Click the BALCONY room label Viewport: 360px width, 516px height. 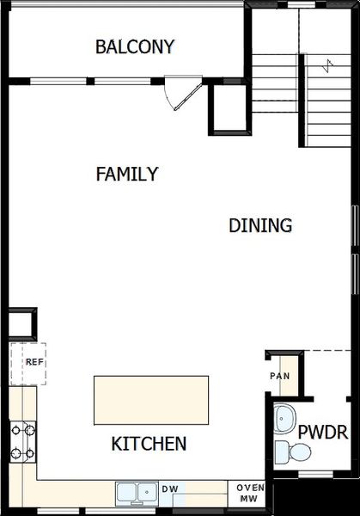[x=135, y=46]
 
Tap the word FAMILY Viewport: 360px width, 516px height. [x=126, y=175]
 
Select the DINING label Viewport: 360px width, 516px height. [x=260, y=226]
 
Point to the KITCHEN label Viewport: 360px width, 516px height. [x=149, y=445]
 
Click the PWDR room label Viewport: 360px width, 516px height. [x=322, y=432]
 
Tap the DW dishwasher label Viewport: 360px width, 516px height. [x=171, y=489]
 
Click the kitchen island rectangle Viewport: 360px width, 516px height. [x=151, y=400]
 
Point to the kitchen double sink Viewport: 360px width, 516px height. [x=137, y=492]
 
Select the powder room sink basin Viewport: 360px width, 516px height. [x=284, y=420]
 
